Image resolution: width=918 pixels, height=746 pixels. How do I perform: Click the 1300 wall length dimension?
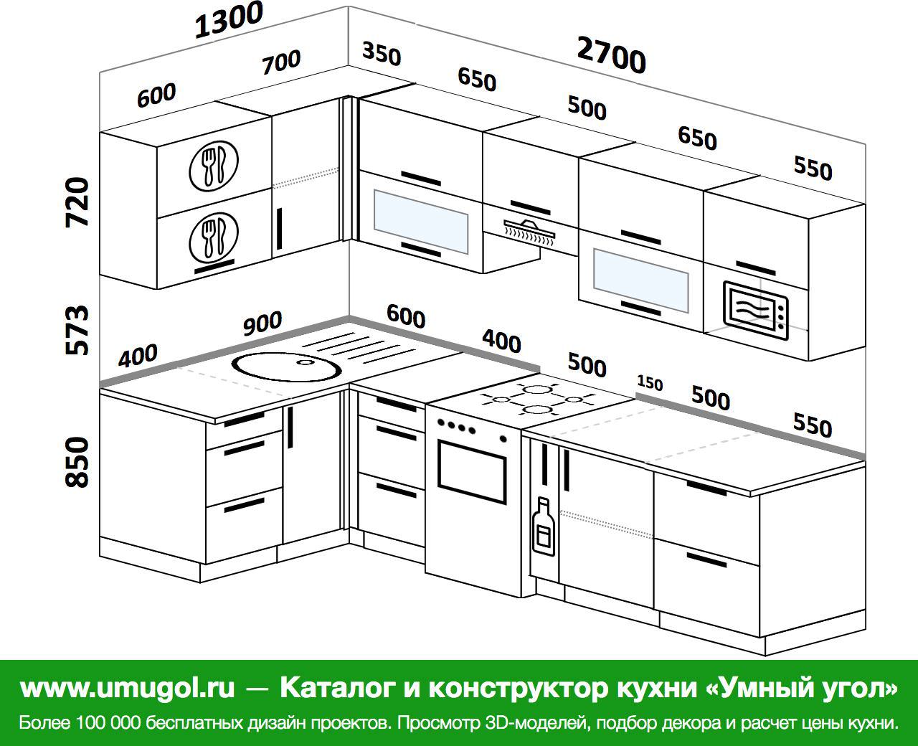pos(229,19)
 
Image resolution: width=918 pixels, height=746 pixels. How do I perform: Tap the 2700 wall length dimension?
pos(611,55)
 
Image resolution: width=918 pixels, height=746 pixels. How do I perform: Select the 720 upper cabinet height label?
pos(77,202)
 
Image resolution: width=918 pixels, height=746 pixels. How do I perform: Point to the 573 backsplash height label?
pos(77,330)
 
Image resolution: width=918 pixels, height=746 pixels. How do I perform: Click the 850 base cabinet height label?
pos(77,462)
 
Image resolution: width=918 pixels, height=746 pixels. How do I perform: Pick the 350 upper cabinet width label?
pos(382,54)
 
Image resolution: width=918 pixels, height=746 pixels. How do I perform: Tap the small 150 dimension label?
pos(650,383)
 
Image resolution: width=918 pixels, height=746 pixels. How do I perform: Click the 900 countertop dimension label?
pos(262,323)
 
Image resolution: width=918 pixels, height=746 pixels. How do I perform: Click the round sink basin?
pos(287,367)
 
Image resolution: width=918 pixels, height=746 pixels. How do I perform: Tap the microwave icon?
pos(755,310)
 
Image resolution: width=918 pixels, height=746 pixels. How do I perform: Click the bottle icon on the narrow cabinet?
pos(544,527)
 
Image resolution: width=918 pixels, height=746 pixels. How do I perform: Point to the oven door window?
pos(471,471)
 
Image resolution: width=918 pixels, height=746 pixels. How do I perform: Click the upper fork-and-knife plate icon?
pos(214,166)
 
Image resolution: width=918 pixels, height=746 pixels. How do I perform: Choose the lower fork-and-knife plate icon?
pos(214,237)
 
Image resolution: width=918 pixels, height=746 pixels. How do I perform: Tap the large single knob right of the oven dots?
pos(503,439)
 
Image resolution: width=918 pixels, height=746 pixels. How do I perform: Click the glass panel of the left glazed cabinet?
pos(421,222)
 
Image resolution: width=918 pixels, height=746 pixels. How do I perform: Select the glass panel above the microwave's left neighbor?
pos(640,280)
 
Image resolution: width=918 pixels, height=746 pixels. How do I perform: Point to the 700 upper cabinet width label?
pos(281,62)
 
